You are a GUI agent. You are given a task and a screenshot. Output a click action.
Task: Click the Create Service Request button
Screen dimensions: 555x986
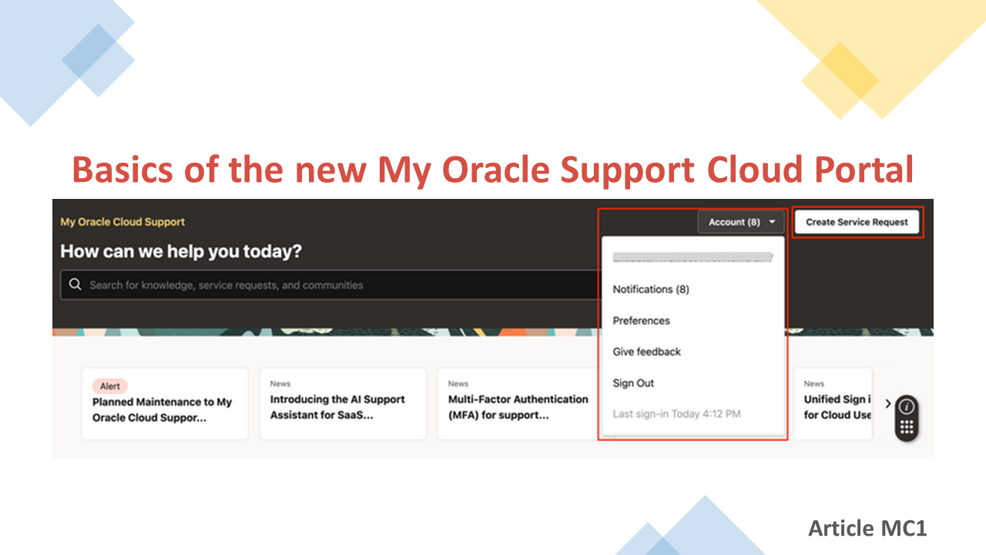coord(857,222)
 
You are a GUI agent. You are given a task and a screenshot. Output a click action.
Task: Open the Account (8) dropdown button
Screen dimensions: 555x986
coord(741,222)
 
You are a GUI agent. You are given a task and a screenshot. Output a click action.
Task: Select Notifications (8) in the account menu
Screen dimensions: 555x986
coord(651,289)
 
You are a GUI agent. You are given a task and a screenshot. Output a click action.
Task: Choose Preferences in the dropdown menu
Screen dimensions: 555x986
coord(641,321)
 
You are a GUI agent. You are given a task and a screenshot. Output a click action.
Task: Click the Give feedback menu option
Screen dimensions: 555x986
coord(647,351)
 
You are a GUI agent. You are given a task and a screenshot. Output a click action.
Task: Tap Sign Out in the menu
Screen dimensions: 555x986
coord(633,383)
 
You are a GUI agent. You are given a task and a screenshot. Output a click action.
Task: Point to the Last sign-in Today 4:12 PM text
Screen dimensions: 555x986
coord(676,414)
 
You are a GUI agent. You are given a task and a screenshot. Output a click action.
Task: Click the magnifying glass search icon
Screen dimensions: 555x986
coord(75,284)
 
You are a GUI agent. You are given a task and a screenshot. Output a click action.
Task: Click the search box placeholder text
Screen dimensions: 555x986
coord(226,285)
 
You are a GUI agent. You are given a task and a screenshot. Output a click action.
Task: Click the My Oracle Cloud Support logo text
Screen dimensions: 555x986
coord(122,222)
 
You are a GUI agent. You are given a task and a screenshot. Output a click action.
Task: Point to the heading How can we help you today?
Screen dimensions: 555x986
coord(181,251)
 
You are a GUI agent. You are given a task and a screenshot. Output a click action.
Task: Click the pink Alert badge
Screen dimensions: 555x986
coord(110,386)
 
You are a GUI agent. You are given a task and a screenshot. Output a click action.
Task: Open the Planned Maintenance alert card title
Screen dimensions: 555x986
coord(162,410)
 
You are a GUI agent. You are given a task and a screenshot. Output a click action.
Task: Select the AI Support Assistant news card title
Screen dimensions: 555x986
coord(337,407)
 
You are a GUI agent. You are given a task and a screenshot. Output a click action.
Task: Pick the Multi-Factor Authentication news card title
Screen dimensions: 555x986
coord(518,407)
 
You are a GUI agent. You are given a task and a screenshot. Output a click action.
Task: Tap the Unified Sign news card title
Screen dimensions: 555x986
coord(837,407)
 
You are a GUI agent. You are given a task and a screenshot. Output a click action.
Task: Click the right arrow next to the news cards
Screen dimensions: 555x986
coord(887,403)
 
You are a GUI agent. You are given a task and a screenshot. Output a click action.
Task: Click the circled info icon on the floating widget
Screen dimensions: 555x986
coord(907,406)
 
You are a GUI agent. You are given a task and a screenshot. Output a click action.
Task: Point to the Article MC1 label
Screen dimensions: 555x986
coord(867,528)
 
